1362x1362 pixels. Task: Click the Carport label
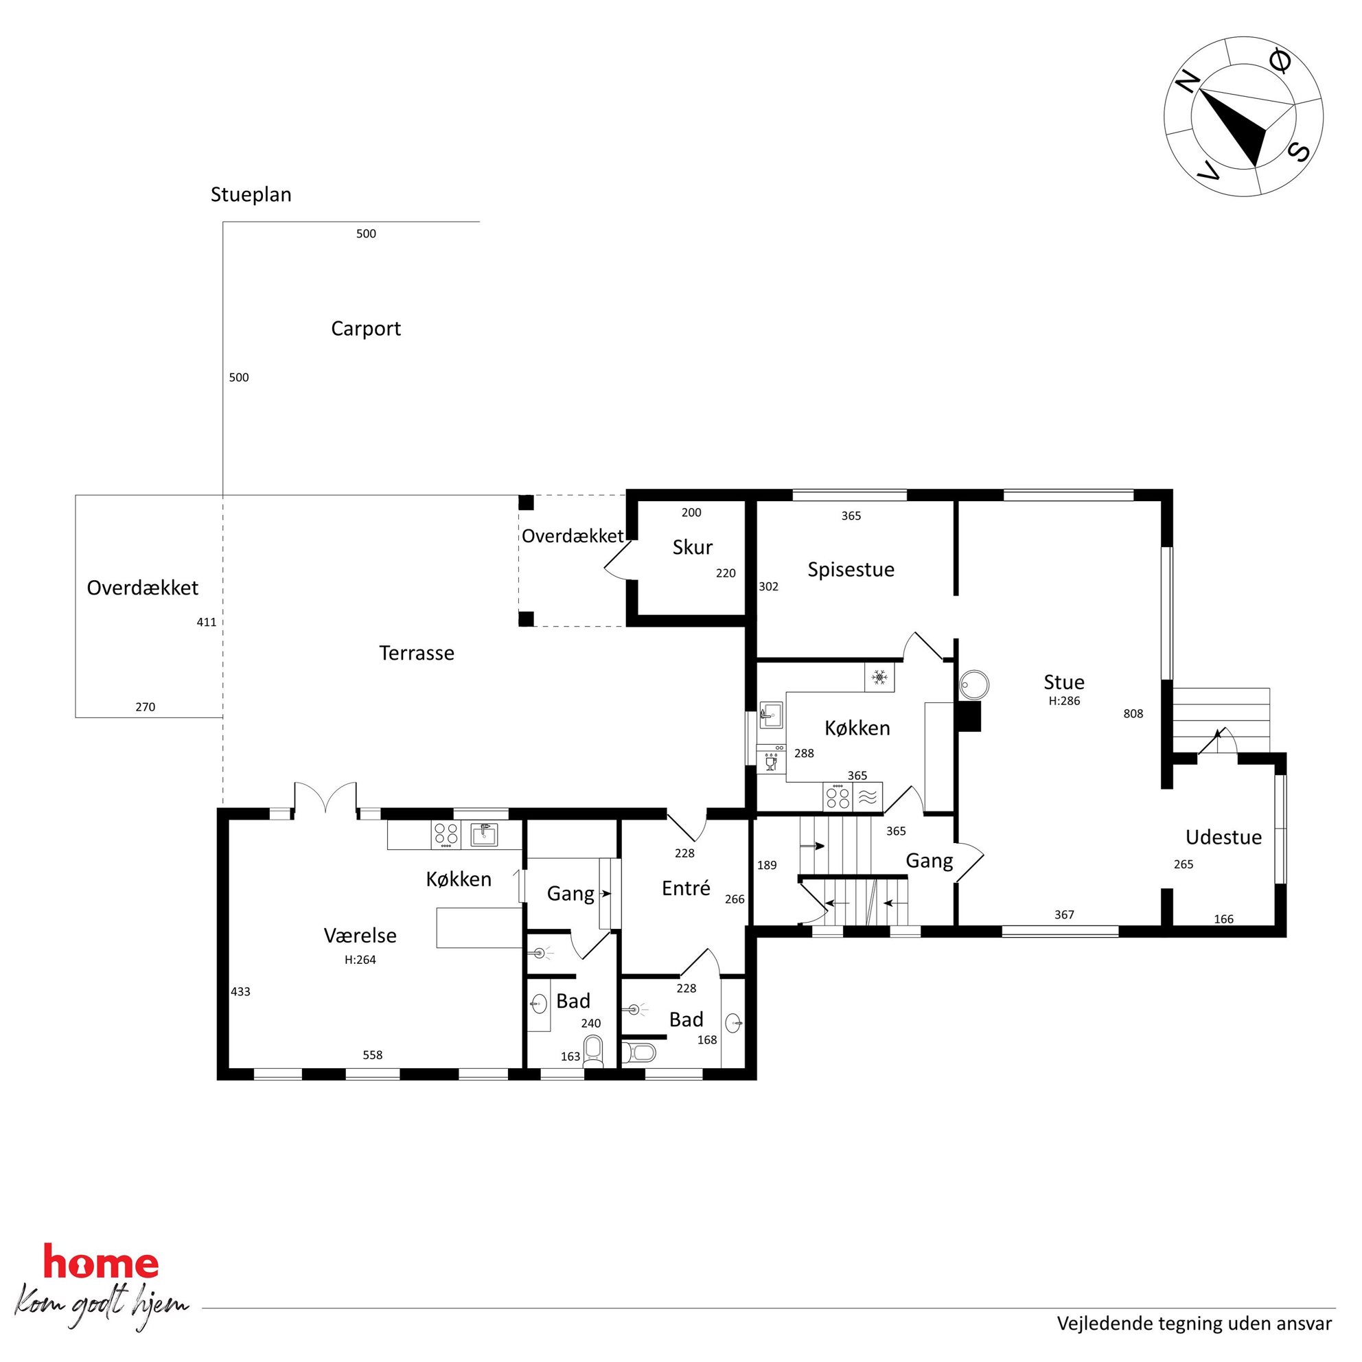[x=366, y=330]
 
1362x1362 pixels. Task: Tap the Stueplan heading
[x=251, y=194]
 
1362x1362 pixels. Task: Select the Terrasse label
[x=417, y=653]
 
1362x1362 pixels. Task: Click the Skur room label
[x=692, y=547]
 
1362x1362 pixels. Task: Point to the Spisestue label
[x=851, y=570]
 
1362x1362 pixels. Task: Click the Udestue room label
[x=1223, y=838]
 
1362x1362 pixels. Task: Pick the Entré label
[x=686, y=888]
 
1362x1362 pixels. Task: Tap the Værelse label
[x=360, y=936]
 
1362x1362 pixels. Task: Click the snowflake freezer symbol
[x=879, y=678]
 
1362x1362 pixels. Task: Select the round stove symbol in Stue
[x=974, y=684]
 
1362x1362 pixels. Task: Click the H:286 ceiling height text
[x=1064, y=701]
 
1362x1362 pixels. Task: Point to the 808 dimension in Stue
[x=1133, y=714]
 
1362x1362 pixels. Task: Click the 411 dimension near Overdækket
[x=207, y=623]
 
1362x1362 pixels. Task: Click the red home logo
[x=101, y=1261]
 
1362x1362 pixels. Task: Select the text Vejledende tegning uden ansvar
[x=1194, y=1324]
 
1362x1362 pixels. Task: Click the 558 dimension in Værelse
[x=372, y=1055]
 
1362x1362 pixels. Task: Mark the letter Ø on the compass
[x=1280, y=62]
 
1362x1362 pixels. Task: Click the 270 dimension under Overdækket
[x=146, y=707]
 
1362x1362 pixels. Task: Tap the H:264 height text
[x=360, y=960]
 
